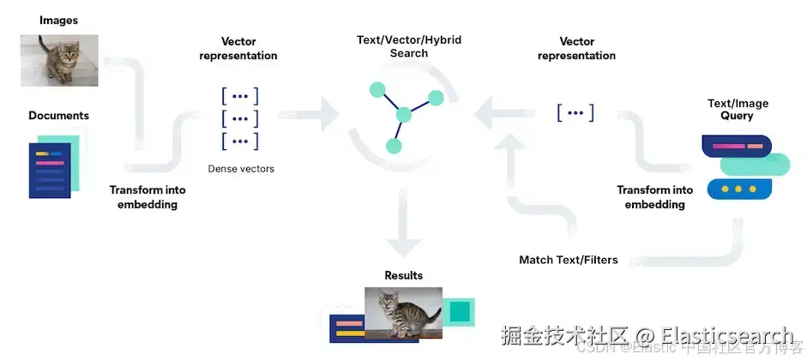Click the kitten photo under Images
pos(59,60)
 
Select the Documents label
pos(58,116)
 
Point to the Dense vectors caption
pos(241,169)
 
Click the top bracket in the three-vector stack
pos(240,96)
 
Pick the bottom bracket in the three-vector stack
pos(240,141)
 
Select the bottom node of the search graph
pos(393,146)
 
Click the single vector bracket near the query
pos(575,112)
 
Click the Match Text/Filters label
pos(569,260)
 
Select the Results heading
pos(403,275)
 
